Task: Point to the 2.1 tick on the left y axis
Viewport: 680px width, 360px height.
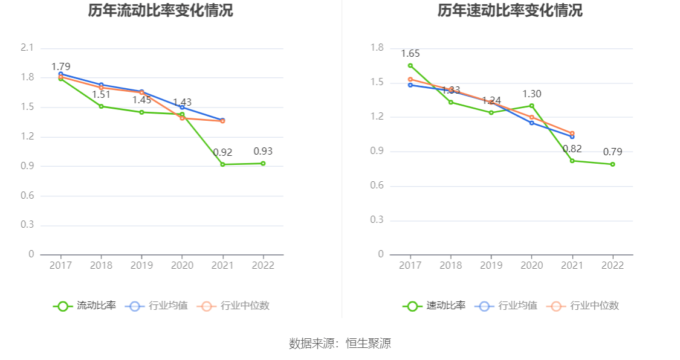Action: [x=27, y=48]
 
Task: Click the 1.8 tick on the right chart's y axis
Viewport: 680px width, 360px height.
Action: [x=377, y=48]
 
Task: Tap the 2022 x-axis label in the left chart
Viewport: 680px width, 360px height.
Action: [x=263, y=266]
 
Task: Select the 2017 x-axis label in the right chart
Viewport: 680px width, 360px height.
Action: [x=410, y=266]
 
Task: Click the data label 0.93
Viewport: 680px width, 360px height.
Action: [x=263, y=152]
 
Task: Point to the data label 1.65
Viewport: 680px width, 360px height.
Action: [x=410, y=54]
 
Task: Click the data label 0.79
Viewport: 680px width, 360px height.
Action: [x=612, y=152]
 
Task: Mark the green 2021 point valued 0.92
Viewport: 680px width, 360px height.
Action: [x=222, y=164]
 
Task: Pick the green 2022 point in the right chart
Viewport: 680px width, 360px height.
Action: [x=612, y=164]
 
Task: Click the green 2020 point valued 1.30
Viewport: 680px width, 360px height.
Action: [x=532, y=106]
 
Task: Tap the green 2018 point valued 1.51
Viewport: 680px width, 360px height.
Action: [x=101, y=106]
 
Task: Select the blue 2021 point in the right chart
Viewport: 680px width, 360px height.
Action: [x=572, y=137]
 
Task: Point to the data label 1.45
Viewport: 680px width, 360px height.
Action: [x=141, y=100]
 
